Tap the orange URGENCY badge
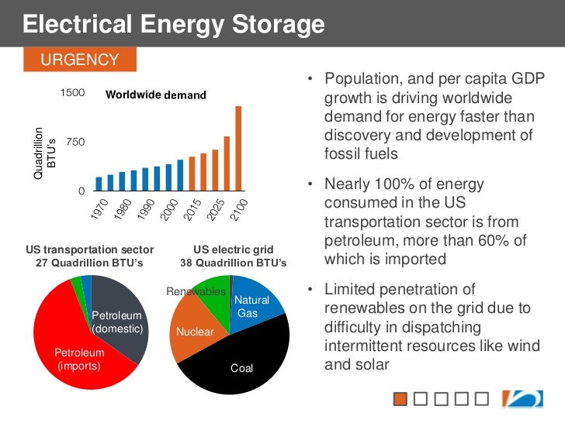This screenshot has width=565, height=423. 80,60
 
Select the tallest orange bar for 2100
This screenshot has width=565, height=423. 238,148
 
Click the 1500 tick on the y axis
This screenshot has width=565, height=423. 73,93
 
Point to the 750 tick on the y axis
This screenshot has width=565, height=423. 76,143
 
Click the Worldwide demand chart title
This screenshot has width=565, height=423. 156,95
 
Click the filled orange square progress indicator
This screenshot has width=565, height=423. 400,399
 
